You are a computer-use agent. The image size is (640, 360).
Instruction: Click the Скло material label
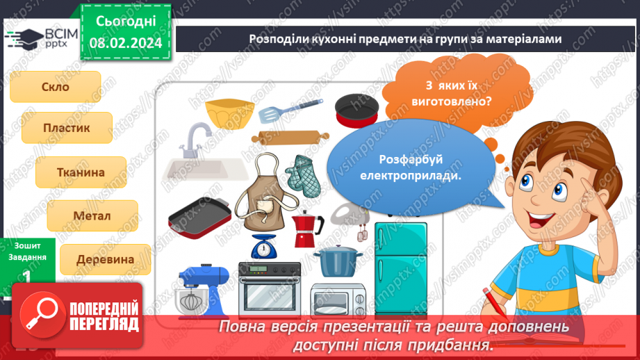click(56, 87)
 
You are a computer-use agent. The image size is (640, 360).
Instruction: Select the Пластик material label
click(67, 128)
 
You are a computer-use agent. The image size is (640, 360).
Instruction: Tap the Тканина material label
click(81, 172)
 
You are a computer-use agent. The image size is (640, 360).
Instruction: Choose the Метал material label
click(92, 216)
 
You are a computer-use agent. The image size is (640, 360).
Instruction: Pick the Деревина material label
click(105, 259)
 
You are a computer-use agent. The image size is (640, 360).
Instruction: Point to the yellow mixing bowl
click(229, 111)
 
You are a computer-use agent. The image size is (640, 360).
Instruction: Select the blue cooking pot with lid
click(338, 262)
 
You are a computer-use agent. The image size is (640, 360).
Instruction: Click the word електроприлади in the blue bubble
click(411, 177)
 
